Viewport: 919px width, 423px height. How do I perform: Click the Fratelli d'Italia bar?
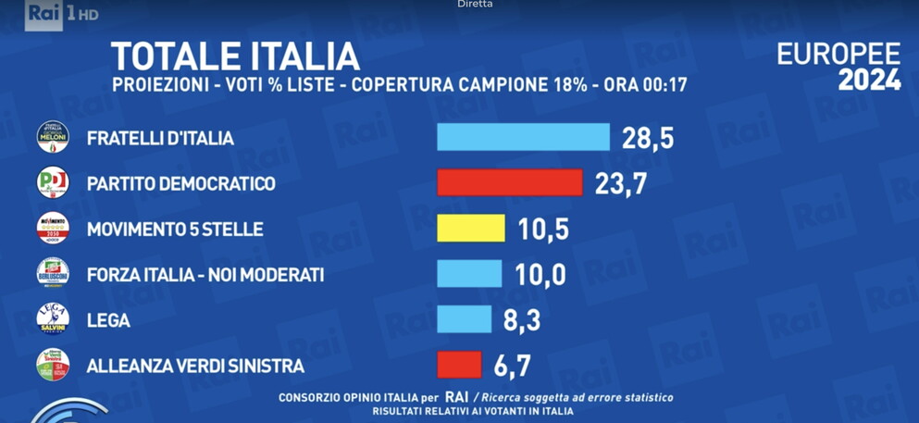(523, 137)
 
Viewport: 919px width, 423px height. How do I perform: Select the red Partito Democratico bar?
(509, 182)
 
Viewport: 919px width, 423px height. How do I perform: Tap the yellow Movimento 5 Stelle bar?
(471, 228)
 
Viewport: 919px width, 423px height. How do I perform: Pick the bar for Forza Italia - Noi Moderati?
(469, 274)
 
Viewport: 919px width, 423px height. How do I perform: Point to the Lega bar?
(464, 319)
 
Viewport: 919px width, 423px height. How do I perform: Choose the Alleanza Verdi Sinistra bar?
(459, 365)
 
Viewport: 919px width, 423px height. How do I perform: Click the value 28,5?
(647, 139)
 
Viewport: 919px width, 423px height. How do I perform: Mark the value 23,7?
(620, 184)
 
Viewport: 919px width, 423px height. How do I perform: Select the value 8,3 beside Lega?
(522, 321)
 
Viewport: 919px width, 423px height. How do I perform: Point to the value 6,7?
(512, 367)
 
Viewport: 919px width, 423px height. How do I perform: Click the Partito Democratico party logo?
(53, 182)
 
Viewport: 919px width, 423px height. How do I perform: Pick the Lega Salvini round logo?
(53, 319)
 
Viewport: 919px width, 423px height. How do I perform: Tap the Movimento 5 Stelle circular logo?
(53, 228)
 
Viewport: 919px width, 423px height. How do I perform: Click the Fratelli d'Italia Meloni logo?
(53, 137)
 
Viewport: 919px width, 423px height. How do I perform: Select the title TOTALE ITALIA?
(235, 57)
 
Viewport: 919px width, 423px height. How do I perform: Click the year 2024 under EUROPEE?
(869, 81)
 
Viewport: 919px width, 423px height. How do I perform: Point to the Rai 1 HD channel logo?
(61, 14)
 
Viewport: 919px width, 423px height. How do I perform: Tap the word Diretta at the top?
(475, 5)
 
